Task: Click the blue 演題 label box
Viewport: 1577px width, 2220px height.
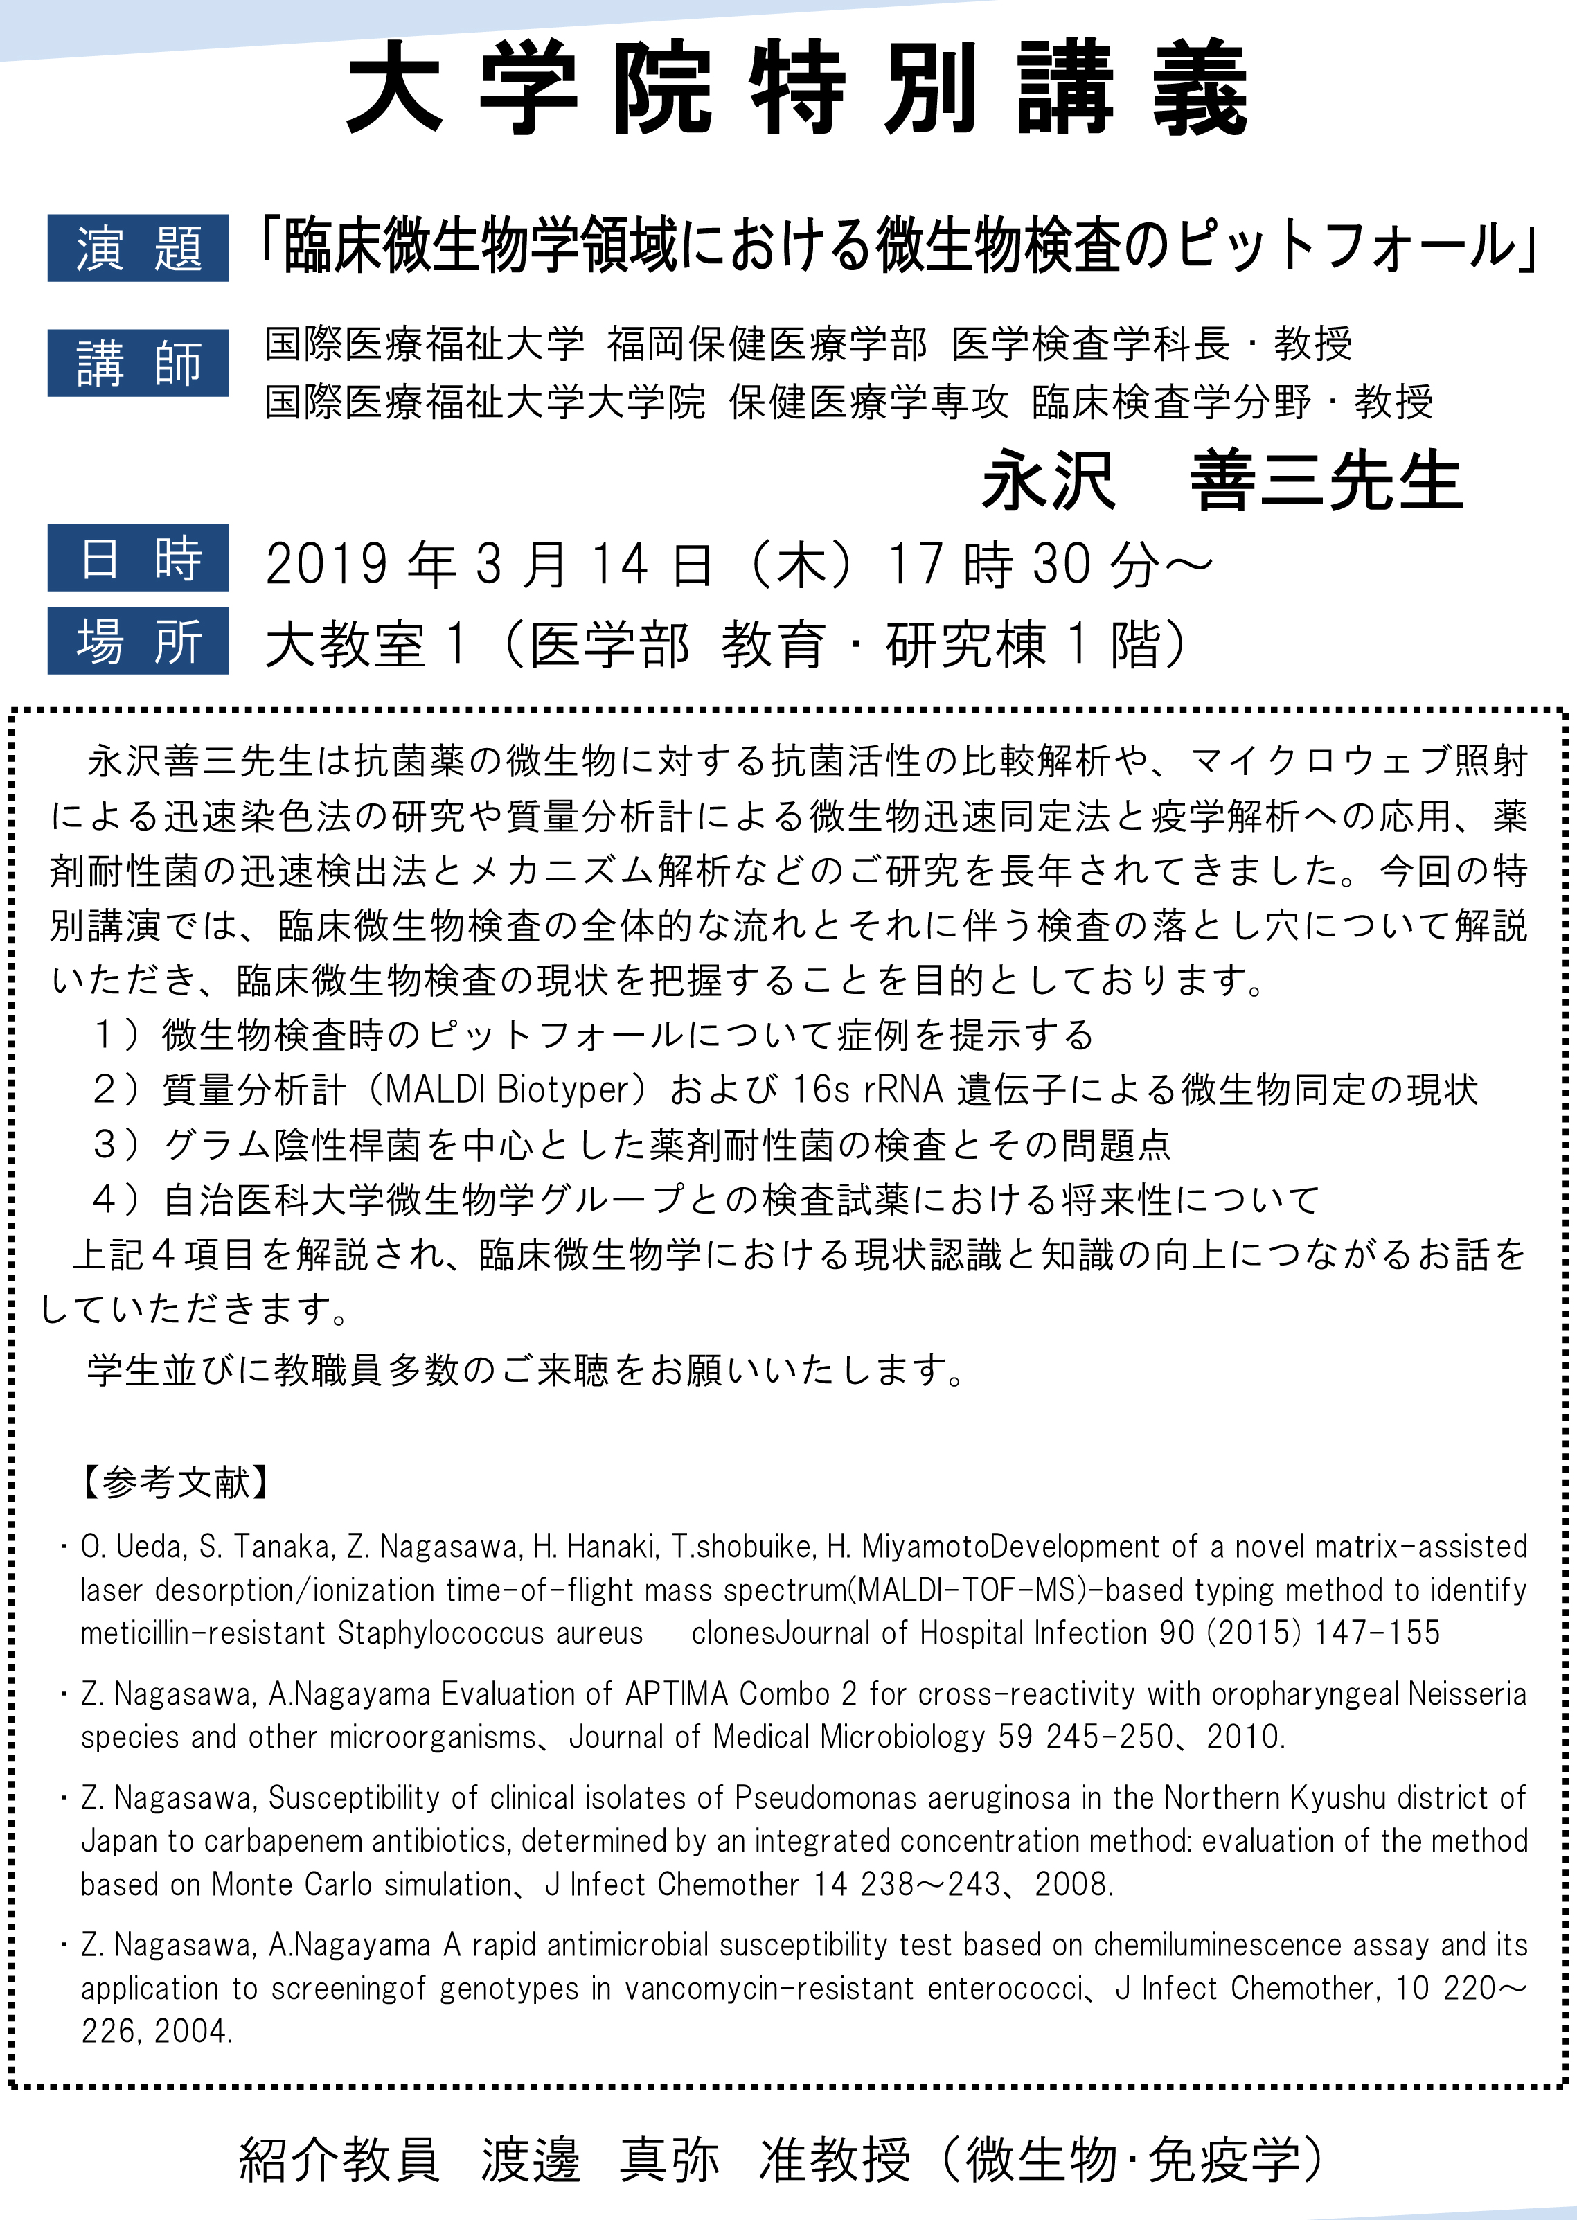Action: pos(138,249)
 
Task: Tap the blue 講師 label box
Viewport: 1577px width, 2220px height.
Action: pos(138,363)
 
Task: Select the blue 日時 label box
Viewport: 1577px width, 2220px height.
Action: pos(138,558)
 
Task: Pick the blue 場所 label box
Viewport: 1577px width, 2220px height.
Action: pos(138,641)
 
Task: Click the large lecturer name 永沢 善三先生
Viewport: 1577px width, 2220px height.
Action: pos(1222,481)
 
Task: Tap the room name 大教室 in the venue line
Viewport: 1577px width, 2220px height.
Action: pos(345,645)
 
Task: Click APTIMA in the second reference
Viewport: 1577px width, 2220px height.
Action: pos(676,1694)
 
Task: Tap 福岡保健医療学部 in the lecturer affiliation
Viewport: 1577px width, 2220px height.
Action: pos(767,344)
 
